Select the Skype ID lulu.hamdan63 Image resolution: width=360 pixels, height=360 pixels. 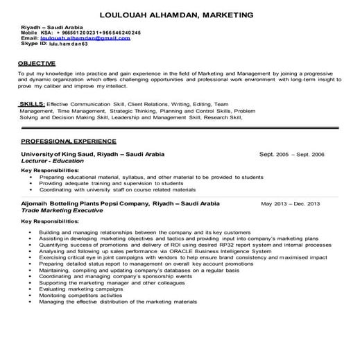pos(69,43)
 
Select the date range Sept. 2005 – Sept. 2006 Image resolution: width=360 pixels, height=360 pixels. pos(291,154)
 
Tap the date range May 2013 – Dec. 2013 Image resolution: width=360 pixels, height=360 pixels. pos(291,204)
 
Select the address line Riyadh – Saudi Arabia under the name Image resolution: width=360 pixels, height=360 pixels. pos(49,26)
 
